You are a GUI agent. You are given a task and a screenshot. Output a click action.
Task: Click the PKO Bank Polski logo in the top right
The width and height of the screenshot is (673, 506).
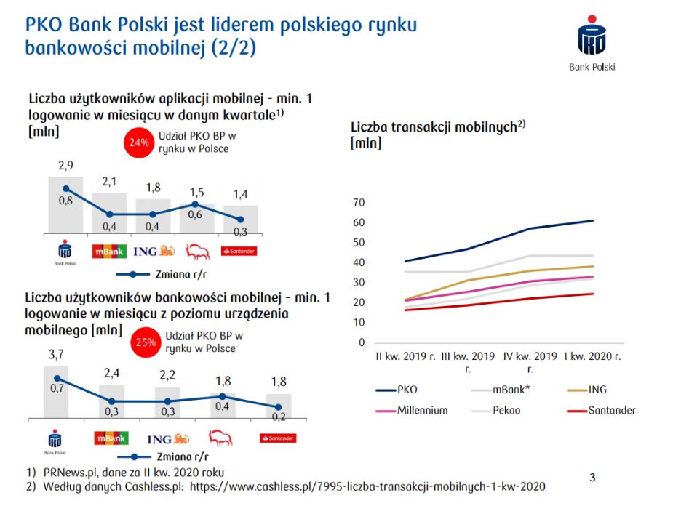(x=592, y=43)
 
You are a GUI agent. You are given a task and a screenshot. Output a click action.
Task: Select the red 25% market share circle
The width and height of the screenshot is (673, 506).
(x=143, y=342)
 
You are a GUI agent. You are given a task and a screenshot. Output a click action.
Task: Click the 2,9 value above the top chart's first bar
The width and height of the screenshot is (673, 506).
(x=65, y=166)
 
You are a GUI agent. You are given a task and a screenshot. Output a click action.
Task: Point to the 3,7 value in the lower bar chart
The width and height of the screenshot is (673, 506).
(x=56, y=355)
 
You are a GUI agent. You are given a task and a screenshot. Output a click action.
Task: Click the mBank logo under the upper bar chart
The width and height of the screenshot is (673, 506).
(x=109, y=252)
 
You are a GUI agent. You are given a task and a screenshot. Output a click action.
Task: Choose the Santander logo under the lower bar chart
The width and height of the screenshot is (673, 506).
(x=278, y=438)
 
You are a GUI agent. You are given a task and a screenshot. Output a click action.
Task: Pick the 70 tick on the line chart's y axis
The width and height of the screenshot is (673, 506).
(x=357, y=202)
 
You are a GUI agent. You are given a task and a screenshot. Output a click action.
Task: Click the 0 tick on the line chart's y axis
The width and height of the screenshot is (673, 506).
(x=360, y=342)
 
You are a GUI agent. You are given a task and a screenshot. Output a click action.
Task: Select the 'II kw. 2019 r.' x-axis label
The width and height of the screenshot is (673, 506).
(x=405, y=357)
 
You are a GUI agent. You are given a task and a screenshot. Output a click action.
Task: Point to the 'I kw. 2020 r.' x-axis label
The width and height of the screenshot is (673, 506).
(x=592, y=357)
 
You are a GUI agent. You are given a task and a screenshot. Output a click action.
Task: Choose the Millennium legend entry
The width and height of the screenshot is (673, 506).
(x=422, y=410)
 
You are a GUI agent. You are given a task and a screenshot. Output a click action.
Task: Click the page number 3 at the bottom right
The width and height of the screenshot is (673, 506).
(x=592, y=478)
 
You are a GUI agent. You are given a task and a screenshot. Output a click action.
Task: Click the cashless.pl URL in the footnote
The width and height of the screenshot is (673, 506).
(x=367, y=486)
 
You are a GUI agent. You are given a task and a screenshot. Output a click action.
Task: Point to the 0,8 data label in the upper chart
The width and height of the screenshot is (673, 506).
(x=65, y=201)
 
